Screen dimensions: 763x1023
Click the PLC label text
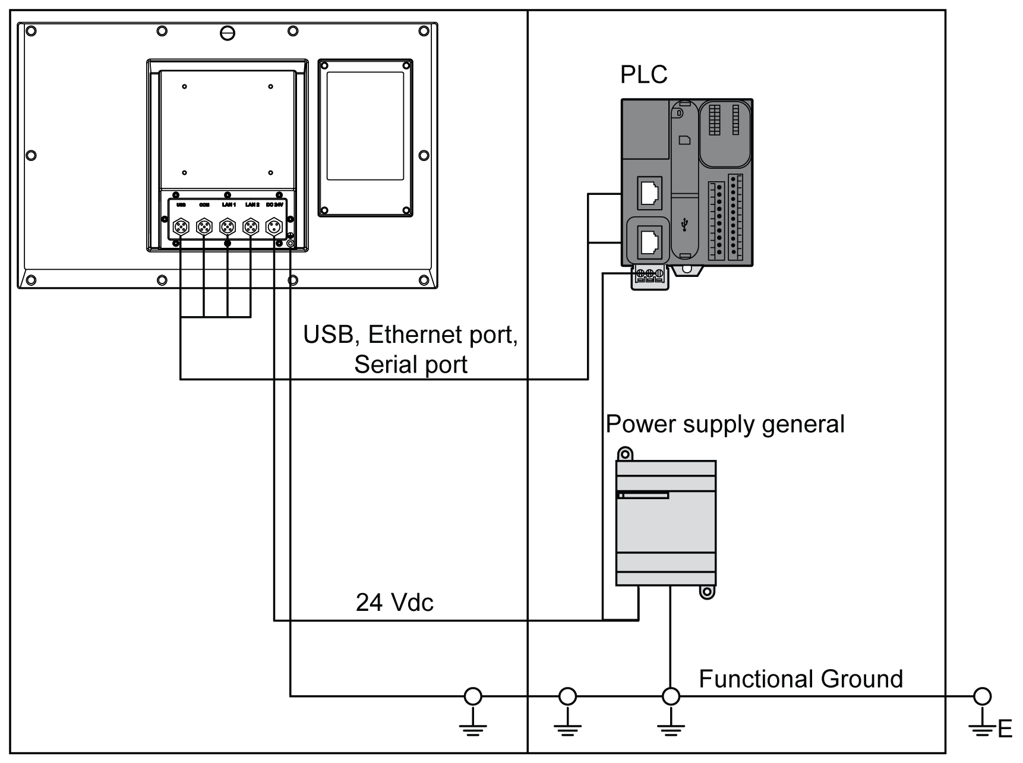[643, 75]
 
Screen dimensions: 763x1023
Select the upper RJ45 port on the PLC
[650, 192]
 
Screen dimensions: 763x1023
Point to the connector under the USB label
[181, 227]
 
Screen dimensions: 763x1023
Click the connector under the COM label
[204, 227]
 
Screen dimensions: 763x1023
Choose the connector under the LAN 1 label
[228, 227]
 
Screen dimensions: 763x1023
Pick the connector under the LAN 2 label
[251, 227]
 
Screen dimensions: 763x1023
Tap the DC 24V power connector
[274, 227]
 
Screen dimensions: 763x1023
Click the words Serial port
[411, 364]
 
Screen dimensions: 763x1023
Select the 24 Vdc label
[394, 603]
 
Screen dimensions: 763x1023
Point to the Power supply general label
[725, 424]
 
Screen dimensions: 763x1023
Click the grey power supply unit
[665, 523]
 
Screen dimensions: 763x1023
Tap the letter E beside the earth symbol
[1005, 729]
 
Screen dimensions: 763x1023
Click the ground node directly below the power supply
[671, 696]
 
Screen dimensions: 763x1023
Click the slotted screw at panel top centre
[228, 33]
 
